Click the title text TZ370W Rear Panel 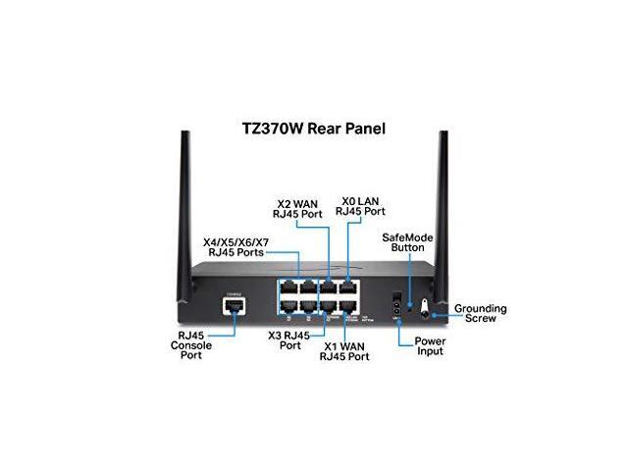[x=315, y=128]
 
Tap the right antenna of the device [x=436, y=196]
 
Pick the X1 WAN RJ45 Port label [x=344, y=351]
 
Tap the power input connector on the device [x=396, y=298]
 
